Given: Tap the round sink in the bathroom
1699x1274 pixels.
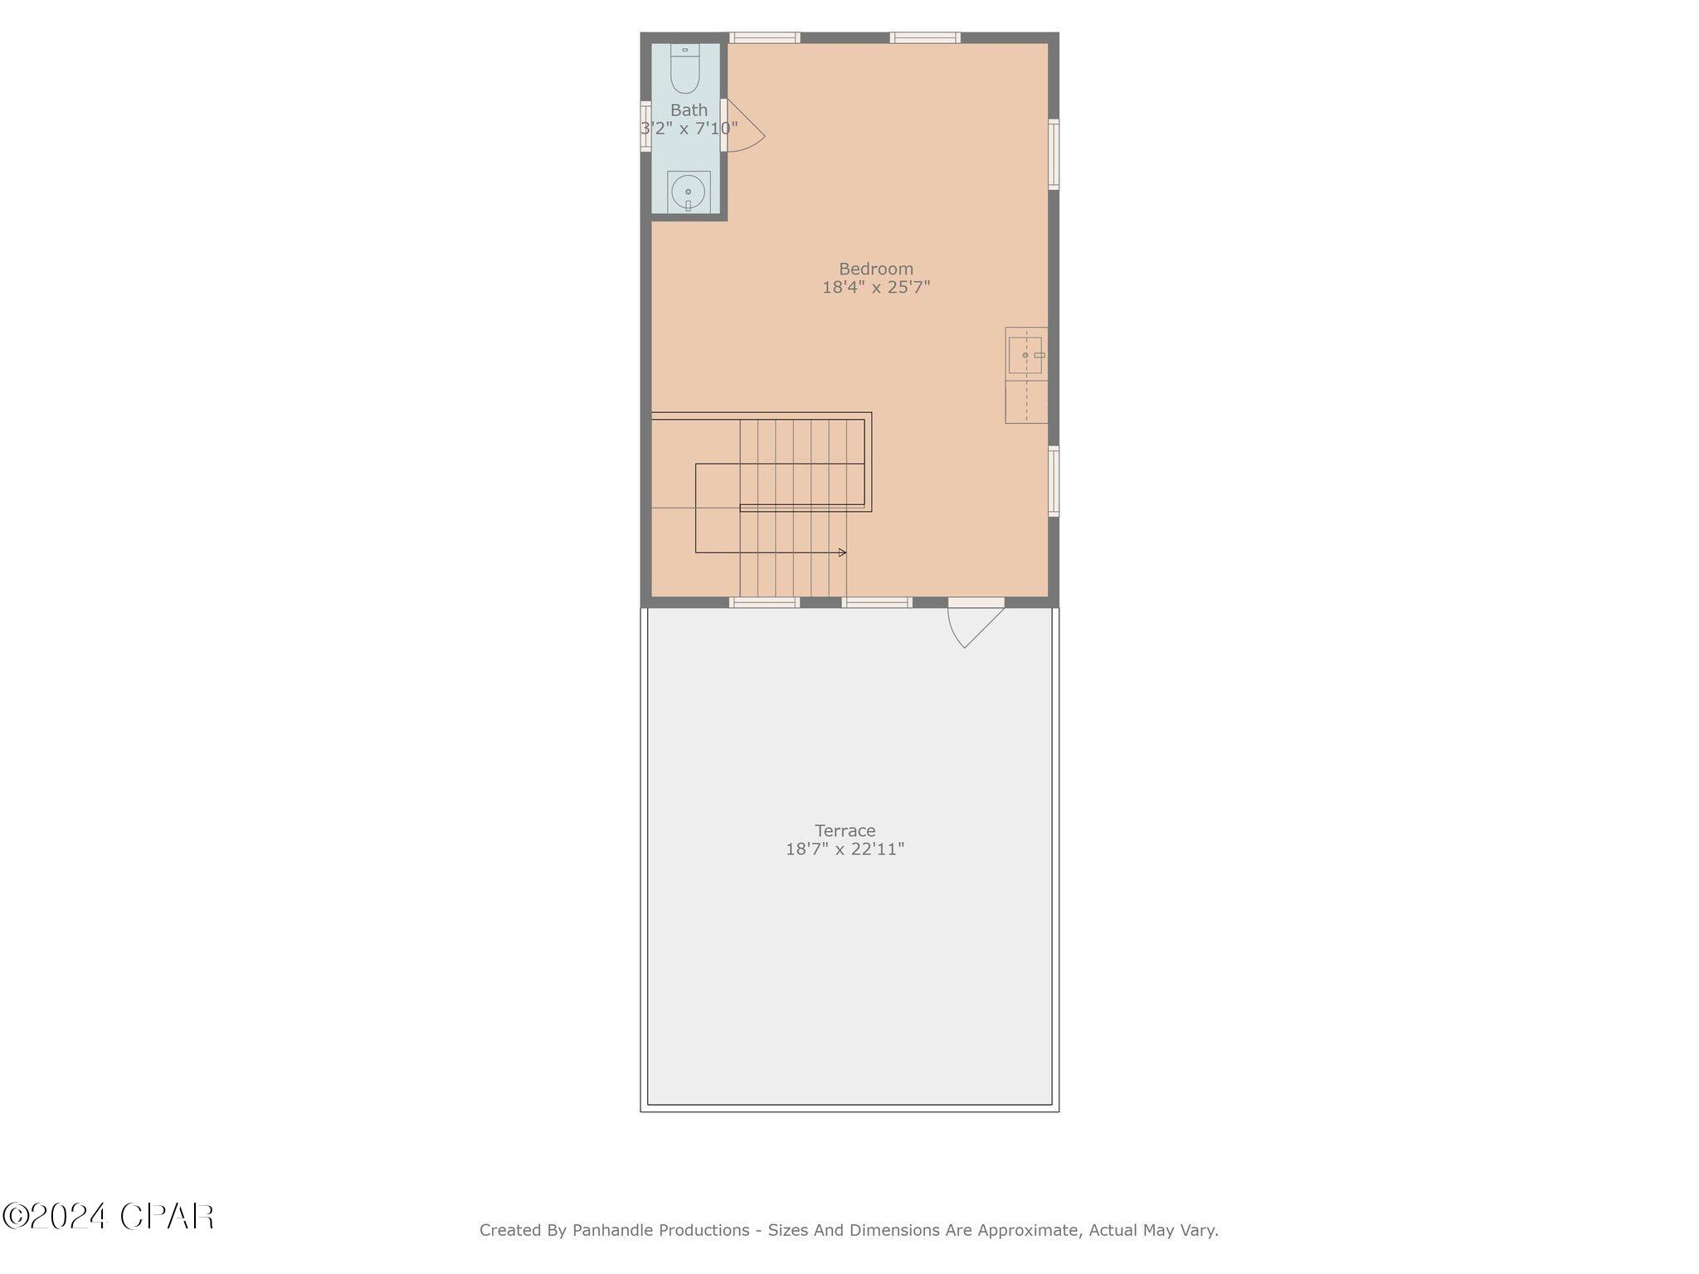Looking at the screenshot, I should point(688,192).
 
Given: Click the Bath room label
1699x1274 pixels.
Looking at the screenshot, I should point(689,110).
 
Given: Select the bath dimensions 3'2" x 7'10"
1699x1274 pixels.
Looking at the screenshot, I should point(689,129).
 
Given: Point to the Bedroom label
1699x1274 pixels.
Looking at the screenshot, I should point(875,269).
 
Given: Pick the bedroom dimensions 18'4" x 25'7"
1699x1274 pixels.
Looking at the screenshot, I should point(875,288).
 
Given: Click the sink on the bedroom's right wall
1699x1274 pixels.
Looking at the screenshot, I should point(1026,355).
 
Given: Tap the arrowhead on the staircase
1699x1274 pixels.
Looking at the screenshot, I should point(842,552).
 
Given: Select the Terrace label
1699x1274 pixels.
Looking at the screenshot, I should point(845,830).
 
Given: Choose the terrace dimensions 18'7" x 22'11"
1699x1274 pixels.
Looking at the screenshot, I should point(845,849).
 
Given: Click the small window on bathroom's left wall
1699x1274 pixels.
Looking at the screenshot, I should point(645,126).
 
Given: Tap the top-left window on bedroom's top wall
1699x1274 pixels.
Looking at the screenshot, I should point(765,37).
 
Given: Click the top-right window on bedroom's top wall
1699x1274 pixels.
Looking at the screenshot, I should point(925,37).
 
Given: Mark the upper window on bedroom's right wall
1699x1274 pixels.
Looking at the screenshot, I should point(1054,154).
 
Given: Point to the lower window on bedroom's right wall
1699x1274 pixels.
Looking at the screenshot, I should point(1054,481).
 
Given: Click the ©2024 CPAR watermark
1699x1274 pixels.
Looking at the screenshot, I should point(108,1217).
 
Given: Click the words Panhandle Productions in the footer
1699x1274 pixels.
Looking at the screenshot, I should point(660,1230).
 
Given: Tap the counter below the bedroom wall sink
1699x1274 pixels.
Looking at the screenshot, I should point(1026,401).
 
